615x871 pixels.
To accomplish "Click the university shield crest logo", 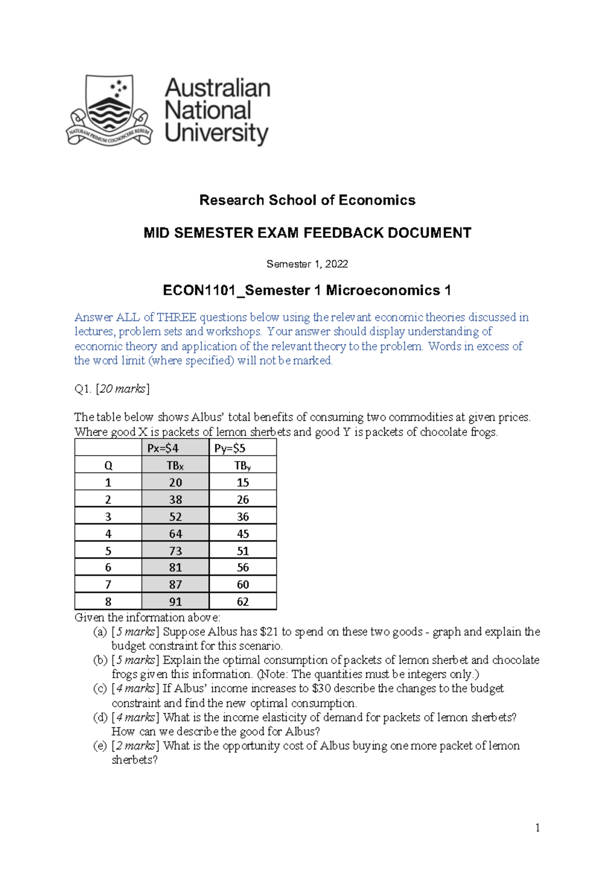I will click(x=109, y=109).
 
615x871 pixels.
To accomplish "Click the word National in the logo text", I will click(x=208, y=110).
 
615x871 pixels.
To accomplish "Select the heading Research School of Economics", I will click(x=307, y=200).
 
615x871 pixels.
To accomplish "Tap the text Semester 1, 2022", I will click(x=307, y=264).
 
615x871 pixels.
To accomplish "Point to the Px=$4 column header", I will click(x=163, y=448).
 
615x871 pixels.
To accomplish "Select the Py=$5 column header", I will click(x=230, y=448).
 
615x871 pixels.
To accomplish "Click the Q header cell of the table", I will click(x=108, y=466).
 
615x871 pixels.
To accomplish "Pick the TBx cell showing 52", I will click(x=175, y=517).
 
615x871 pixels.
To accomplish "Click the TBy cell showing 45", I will click(x=243, y=534).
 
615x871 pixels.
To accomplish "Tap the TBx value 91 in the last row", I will click(x=175, y=602).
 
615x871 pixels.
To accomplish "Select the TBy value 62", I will click(x=243, y=602).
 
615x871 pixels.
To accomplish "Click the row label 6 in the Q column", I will click(x=108, y=568).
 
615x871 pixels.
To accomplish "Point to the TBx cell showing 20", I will click(x=175, y=483).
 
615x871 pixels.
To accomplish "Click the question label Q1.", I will click(x=83, y=389).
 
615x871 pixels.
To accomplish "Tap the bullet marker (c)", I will click(x=100, y=689).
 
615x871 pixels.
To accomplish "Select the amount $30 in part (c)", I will click(x=321, y=689).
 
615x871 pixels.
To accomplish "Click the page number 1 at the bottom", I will click(x=537, y=828).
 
